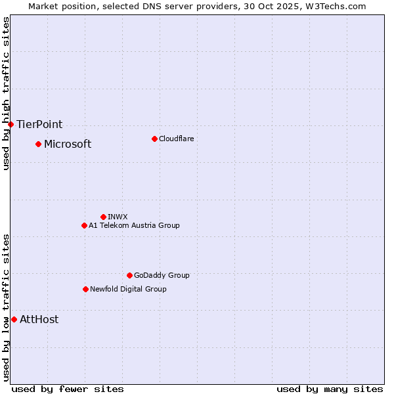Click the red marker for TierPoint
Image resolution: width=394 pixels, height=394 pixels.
(x=11, y=124)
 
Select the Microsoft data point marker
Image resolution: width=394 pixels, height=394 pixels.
(x=38, y=144)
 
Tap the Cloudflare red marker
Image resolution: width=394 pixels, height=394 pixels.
(x=154, y=139)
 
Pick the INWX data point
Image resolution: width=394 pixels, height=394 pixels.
(x=103, y=217)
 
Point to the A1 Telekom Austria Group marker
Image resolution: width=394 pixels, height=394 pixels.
(x=84, y=225)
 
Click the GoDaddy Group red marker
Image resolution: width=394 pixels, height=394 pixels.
(x=129, y=275)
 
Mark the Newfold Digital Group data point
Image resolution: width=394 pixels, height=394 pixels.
(x=85, y=289)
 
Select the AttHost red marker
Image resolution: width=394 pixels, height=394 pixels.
(x=14, y=319)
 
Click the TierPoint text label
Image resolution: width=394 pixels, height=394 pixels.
(x=39, y=124)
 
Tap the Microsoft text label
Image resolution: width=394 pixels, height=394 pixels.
(x=68, y=144)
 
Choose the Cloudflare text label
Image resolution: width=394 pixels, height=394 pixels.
(x=176, y=139)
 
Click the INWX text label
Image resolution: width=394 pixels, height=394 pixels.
(x=118, y=217)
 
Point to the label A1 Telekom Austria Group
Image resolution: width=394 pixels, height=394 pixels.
(x=134, y=225)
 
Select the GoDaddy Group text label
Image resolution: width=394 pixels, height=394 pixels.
(x=162, y=275)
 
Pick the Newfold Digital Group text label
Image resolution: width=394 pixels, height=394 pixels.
(x=128, y=289)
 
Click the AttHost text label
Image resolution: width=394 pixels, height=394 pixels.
(x=39, y=319)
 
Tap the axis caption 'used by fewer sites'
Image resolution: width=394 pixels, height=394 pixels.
(x=68, y=389)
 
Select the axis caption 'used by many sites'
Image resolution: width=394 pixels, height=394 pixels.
(x=330, y=389)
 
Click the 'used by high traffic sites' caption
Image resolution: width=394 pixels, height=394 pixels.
(x=6, y=94)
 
